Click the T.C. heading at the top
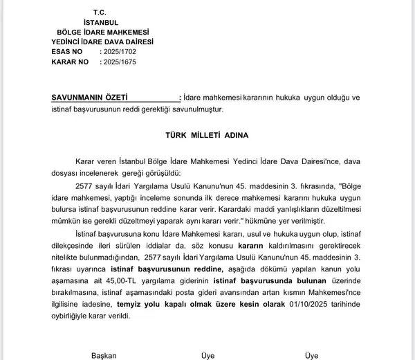coord(100,12)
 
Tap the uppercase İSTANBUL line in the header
coord(101,22)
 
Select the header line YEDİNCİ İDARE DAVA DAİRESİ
coord(102,42)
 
